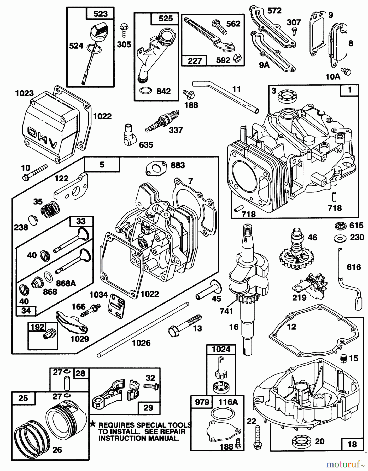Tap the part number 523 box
pyautogui.click(x=100, y=14)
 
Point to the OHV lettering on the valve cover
pyautogui.click(x=46, y=137)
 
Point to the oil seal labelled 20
pyautogui.click(x=302, y=442)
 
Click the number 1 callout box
pyautogui.click(x=349, y=90)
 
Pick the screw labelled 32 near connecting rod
pyautogui.click(x=152, y=386)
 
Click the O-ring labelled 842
pyautogui.click(x=145, y=91)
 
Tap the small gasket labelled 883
pyautogui.click(x=156, y=168)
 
